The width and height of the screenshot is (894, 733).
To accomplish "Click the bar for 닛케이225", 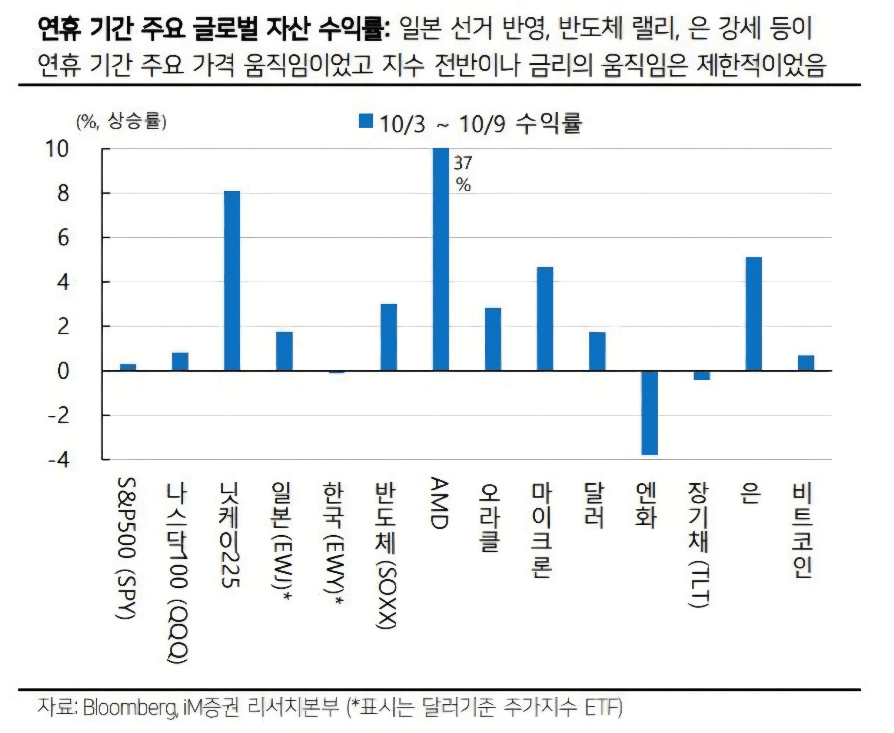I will (232, 281).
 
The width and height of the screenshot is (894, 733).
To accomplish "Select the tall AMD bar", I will (441, 259).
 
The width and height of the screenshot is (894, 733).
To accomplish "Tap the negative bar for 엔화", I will (649, 413).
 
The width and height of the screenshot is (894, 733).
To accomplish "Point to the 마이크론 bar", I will (545, 319).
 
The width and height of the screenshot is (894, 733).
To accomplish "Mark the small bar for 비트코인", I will (805, 363).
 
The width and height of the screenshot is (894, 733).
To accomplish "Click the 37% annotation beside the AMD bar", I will (463, 173).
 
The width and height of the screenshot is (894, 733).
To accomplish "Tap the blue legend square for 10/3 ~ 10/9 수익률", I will (366, 121).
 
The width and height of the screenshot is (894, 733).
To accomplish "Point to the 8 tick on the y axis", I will (63, 194).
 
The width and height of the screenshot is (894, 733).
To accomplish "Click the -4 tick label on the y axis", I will (58, 459).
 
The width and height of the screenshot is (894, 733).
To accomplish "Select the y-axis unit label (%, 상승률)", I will (121, 122).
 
